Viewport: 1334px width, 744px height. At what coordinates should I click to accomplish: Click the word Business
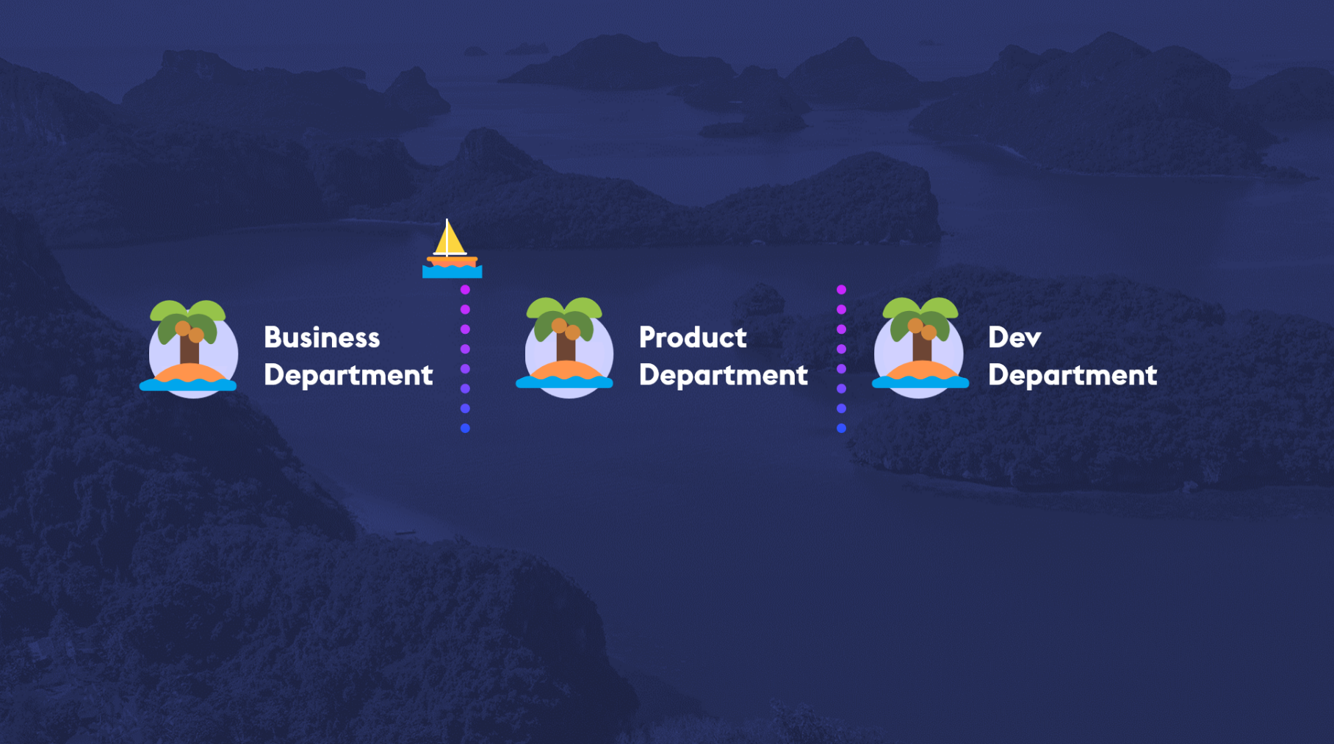click(322, 337)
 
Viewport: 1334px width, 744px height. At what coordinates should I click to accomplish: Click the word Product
click(693, 337)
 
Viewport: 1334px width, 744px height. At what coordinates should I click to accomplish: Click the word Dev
click(1014, 337)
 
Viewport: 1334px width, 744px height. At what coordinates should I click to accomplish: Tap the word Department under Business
click(348, 376)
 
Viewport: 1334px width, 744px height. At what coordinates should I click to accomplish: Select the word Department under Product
click(724, 376)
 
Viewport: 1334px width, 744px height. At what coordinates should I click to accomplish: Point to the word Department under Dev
click(1072, 376)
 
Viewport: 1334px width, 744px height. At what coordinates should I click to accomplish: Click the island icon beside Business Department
click(190, 348)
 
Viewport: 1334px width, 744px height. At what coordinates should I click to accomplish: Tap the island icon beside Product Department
click(565, 348)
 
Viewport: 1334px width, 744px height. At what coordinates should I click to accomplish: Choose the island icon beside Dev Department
click(920, 348)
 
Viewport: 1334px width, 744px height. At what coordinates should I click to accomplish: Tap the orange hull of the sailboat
click(453, 261)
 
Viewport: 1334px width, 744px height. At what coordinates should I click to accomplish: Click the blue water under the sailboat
click(453, 273)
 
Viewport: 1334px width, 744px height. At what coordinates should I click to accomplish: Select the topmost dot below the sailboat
click(465, 290)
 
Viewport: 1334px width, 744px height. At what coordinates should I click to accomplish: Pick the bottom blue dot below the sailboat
click(465, 428)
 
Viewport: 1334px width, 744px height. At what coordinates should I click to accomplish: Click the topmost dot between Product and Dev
click(841, 290)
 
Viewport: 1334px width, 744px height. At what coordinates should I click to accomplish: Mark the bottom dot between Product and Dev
click(841, 428)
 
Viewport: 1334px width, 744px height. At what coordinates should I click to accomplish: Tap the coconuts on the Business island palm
click(190, 332)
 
